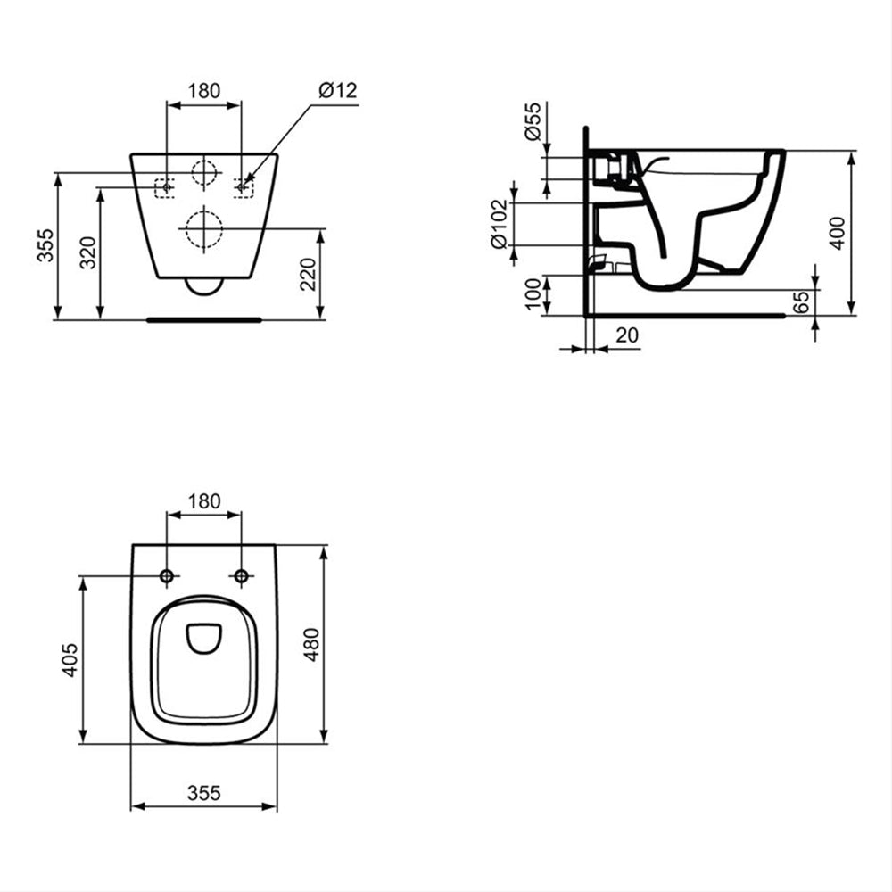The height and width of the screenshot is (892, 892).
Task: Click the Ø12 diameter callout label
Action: [338, 90]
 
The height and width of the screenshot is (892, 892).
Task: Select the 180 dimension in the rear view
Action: [203, 91]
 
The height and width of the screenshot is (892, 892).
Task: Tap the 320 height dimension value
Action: [88, 252]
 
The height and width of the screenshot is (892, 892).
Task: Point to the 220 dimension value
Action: [308, 274]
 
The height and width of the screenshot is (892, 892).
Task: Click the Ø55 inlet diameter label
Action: [533, 121]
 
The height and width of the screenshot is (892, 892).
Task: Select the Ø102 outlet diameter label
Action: [499, 224]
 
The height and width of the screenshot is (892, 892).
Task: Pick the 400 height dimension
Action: [838, 233]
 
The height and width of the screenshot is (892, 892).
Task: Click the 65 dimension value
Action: [801, 302]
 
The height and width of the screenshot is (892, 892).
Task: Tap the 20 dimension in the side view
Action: [627, 335]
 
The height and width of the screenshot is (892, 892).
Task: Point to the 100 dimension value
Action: [533, 293]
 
